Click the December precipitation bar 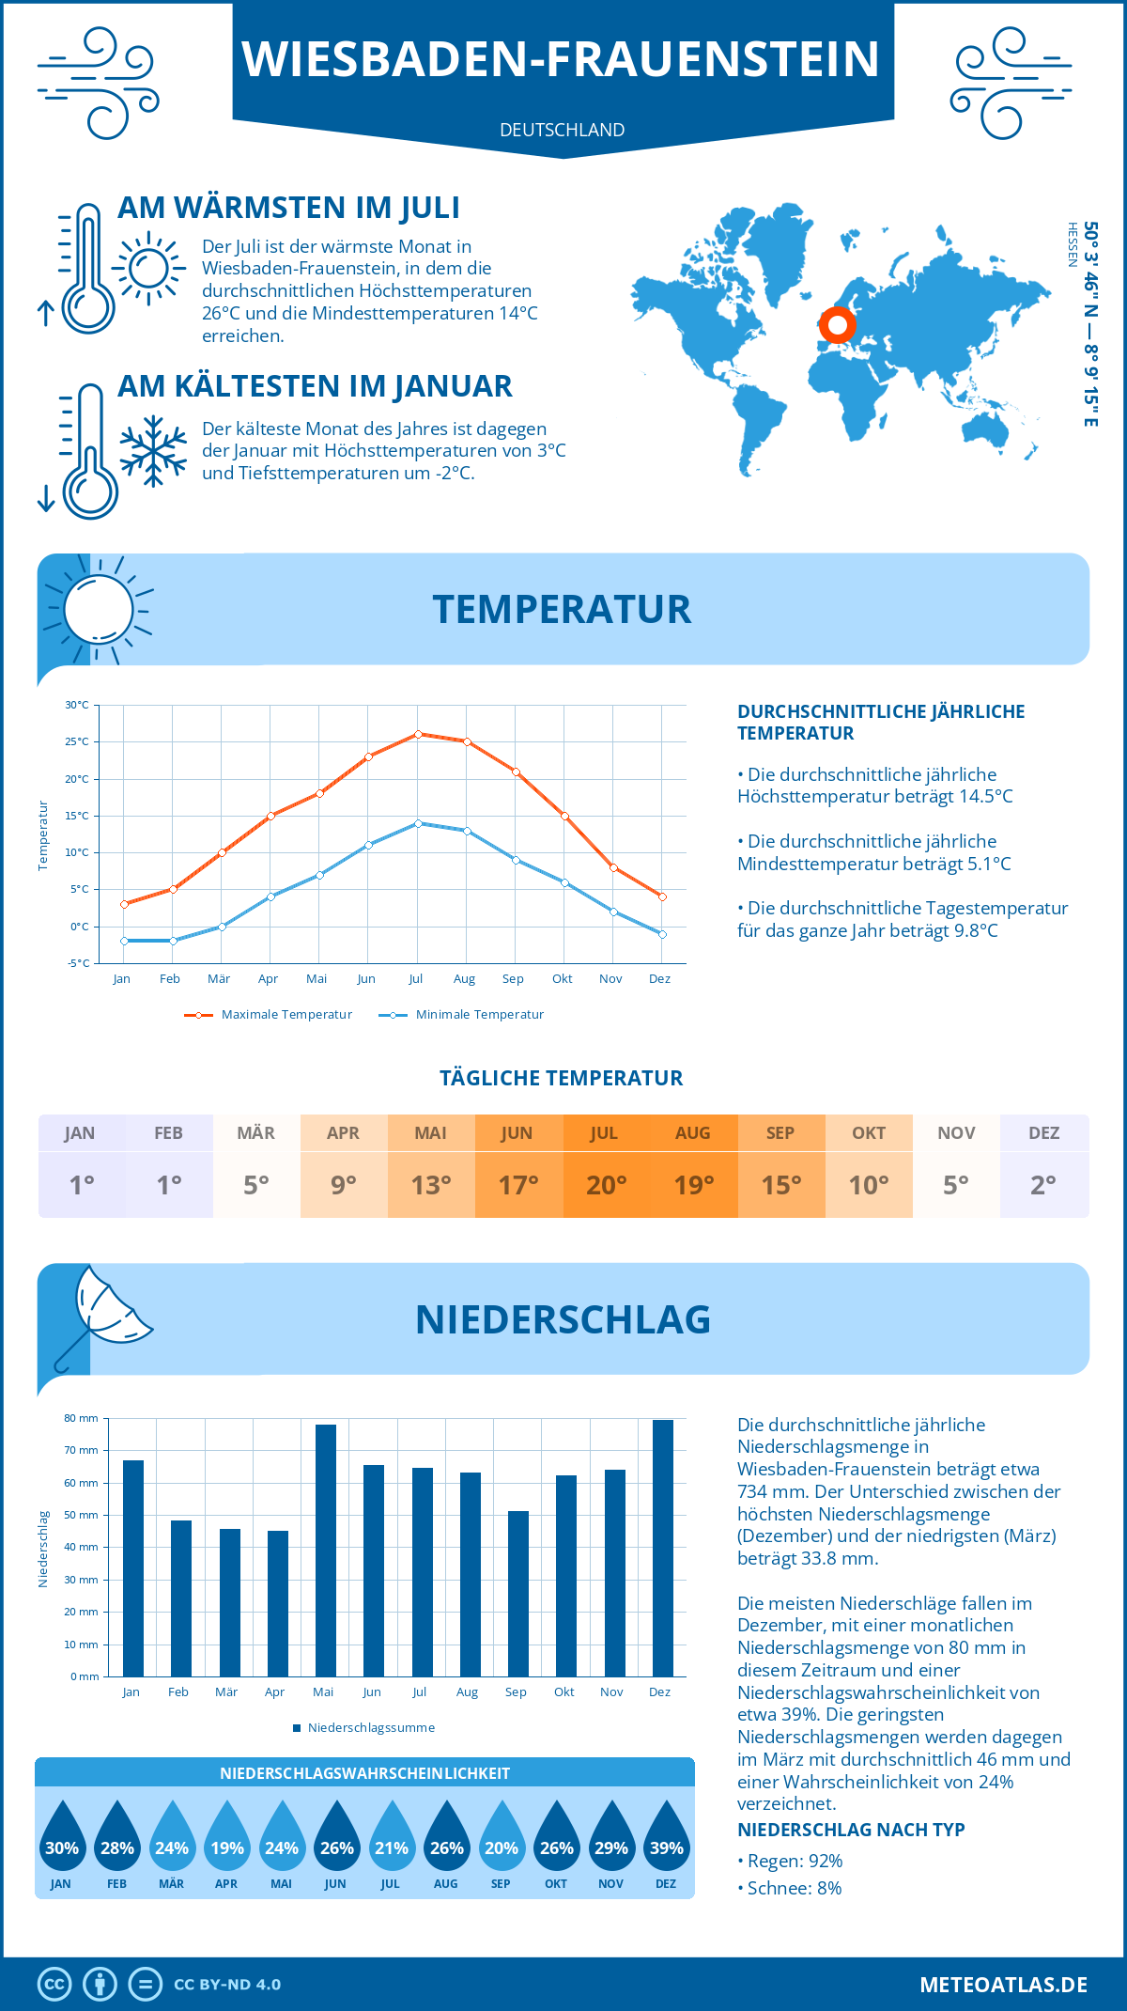[x=662, y=1548]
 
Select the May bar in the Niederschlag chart [x=325, y=1551]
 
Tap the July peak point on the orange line [x=418, y=734]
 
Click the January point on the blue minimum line [x=124, y=941]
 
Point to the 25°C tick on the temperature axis [x=77, y=741]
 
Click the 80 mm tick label [x=81, y=1418]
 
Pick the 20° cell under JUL [x=606, y=1185]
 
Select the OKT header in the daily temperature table [x=869, y=1133]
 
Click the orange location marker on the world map [x=837, y=326]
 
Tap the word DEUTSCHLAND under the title [x=562, y=130]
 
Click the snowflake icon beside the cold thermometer [x=153, y=450]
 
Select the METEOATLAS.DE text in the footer [x=1003, y=1985]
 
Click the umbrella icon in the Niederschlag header [x=103, y=1312]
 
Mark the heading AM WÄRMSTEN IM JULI [x=288, y=208]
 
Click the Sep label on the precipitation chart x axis [x=516, y=1691]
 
